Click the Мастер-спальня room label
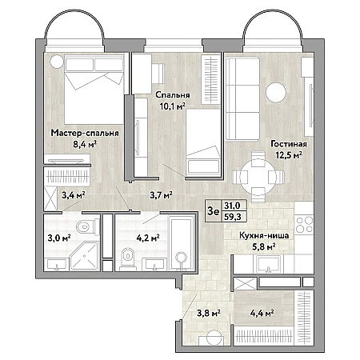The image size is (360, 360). tap(85, 133)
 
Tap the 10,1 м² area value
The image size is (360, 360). tap(173, 106)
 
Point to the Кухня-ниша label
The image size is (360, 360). tap(264, 236)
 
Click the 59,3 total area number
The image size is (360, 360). tap(232, 217)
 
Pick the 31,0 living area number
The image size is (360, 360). tap(232, 206)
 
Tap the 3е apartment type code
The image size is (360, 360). tap(214, 211)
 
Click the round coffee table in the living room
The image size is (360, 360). tap(276, 93)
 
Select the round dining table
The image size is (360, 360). tap(258, 177)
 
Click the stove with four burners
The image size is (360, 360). tap(304, 225)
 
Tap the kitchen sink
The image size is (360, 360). tap(269, 264)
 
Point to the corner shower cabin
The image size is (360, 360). tap(85, 256)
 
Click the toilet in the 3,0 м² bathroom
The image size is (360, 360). tap(87, 227)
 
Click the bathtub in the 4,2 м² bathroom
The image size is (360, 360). tap(182, 243)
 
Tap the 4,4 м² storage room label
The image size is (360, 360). tap(262, 313)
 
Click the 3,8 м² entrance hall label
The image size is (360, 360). tap(209, 313)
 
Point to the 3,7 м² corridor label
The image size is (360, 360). tap(161, 195)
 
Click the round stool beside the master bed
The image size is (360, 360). tap(57, 61)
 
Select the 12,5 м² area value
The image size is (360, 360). tap(289, 155)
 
